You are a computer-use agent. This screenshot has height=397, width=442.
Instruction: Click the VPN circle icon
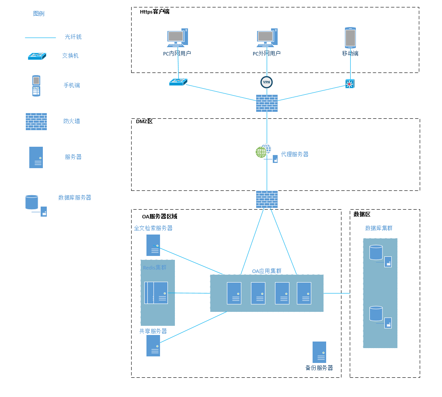point(267,82)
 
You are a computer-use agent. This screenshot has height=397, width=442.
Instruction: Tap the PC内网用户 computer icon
point(177,38)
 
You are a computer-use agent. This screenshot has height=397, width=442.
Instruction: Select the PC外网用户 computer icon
point(267,38)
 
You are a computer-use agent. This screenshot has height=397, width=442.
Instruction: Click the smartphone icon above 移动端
point(350,38)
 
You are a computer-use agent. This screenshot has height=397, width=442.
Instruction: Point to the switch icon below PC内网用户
point(178,82)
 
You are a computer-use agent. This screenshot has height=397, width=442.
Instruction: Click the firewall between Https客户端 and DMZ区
point(267,103)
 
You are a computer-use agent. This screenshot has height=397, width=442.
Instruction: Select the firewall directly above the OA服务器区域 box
point(267,199)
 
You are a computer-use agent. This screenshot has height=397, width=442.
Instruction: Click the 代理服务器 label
point(295,154)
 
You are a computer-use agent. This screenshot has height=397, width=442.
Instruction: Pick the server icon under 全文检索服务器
point(153,245)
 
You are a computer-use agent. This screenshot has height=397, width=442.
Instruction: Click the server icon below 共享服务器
point(153,345)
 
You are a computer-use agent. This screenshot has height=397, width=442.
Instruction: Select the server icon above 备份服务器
point(319,352)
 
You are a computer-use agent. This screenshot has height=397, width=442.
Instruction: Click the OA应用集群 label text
point(267,271)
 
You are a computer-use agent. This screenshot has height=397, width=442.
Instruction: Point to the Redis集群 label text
point(155,267)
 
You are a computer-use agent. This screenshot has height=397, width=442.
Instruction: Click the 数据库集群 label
point(379,228)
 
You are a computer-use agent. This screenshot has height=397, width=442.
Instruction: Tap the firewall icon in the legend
point(36,121)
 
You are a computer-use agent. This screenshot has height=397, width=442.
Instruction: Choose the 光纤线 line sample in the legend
point(40,38)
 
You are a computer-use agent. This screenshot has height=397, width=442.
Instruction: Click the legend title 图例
point(38,14)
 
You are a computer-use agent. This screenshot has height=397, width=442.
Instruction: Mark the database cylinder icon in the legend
point(32,202)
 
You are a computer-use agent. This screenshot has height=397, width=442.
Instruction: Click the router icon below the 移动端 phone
point(350,84)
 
